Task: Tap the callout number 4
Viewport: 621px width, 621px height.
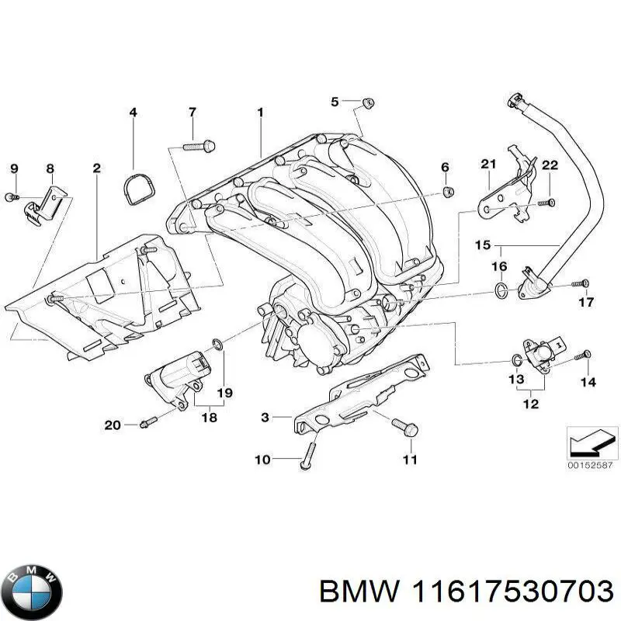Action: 133,113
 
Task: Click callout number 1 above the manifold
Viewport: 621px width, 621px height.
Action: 260,113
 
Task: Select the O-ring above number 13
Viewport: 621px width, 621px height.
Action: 516,359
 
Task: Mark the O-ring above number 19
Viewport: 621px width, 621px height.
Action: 219,345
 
